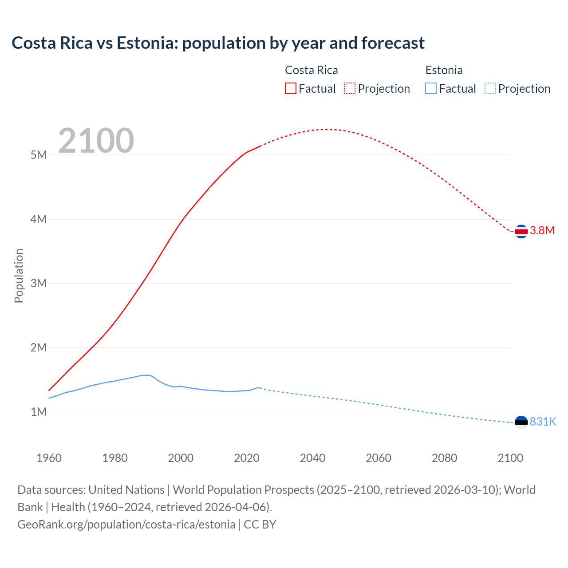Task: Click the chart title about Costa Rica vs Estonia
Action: coord(218,43)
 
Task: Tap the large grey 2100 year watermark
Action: coord(96,141)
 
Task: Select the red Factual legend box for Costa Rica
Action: coord(290,88)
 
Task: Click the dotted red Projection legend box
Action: coord(350,88)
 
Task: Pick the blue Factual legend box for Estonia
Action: coord(430,88)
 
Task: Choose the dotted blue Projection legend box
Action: coord(490,88)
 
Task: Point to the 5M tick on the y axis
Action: coord(39,155)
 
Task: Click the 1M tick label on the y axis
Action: coord(39,412)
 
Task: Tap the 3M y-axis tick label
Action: coord(39,283)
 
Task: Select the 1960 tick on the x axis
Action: coord(49,458)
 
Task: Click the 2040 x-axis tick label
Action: coord(312,458)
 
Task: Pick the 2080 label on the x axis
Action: coord(444,458)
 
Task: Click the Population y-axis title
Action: coord(19,276)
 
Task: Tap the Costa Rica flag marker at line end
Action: coord(521,231)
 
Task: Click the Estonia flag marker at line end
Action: coord(521,422)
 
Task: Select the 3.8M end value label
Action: coord(542,230)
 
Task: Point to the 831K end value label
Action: coord(543,422)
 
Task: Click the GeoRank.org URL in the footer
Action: coord(126,525)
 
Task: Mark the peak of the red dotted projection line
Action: coord(327,129)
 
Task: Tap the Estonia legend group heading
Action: coord(444,70)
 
